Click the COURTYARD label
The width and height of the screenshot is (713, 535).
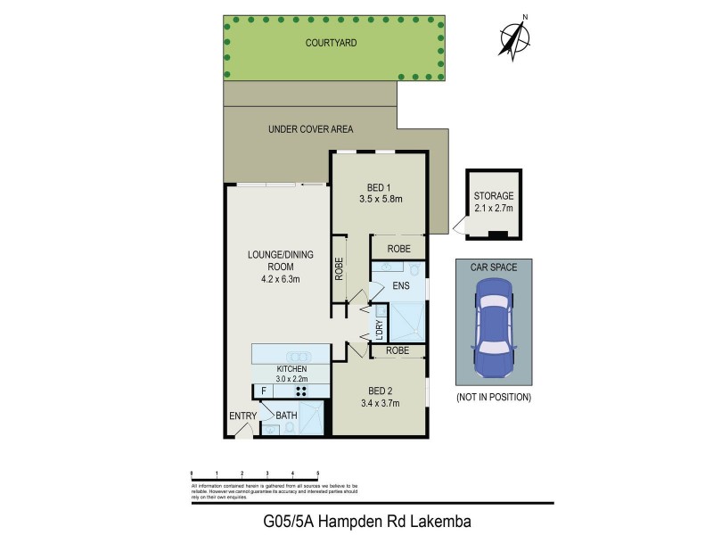tap(332, 43)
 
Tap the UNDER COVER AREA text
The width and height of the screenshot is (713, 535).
tap(310, 129)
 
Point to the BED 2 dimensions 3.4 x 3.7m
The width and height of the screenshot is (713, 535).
tap(380, 403)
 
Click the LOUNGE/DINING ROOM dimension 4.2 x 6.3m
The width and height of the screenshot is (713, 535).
tap(280, 279)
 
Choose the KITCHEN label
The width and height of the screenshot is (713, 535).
tap(291, 368)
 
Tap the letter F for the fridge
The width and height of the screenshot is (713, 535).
tap(263, 391)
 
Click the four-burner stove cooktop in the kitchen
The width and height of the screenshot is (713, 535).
tap(301, 391)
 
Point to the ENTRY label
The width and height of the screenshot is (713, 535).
tap(242, 416)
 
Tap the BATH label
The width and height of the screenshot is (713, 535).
tap(286, 416)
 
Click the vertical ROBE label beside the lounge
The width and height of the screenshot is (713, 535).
tap(340, 269)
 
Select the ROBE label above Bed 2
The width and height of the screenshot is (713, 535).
tap(397, 351)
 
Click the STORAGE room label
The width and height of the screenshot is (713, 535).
tap(494, 195)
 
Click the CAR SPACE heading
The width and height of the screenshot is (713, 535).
tap(494, 266)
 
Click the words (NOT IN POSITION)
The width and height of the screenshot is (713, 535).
tap(494, 396)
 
